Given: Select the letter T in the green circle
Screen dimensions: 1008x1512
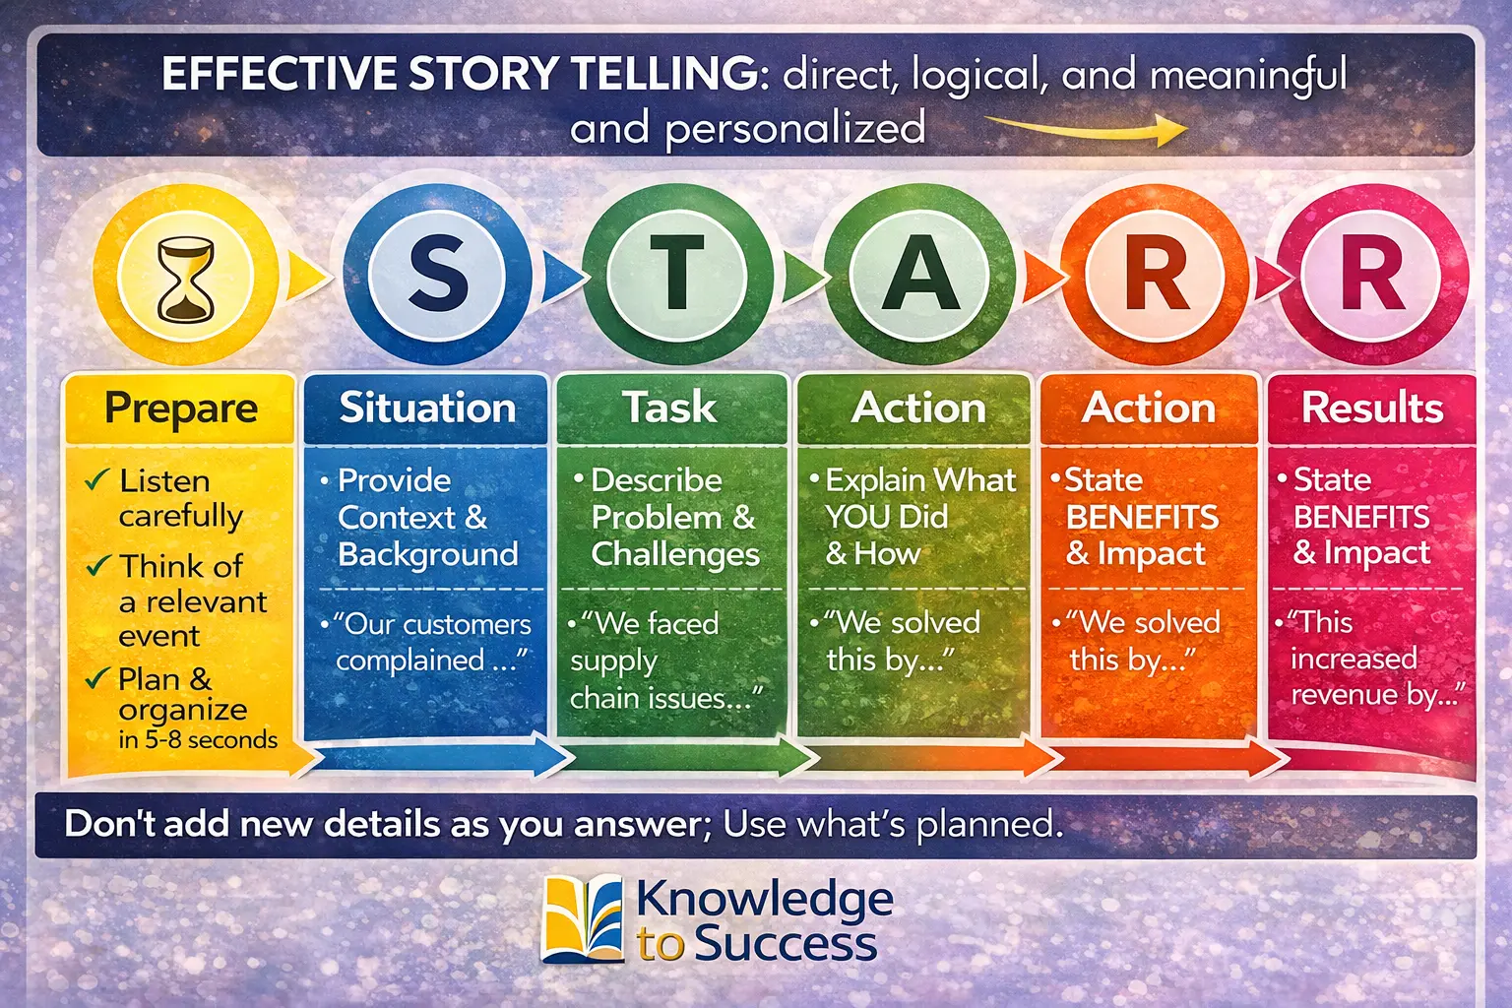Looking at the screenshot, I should pyautogui.click(x=675, y=273).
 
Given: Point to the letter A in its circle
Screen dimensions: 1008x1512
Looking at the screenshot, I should pyautogui.click(x=918, y=275).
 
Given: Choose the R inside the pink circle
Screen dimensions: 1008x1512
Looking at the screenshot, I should pyautogui.click(x=1371, y=275).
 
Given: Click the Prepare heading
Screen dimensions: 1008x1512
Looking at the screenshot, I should pyautogui.click(x=181, y=408).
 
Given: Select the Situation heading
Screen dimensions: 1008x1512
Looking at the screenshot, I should pyautogui.click(x=427, y=408).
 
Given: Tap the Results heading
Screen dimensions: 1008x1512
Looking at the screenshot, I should pyautogui.click(x=1372, y=408).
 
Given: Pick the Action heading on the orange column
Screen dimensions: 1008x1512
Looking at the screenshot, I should pyautogui.click(x=1149, y=408).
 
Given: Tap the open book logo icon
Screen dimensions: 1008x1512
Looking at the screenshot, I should pyautogui.click(x=583, y=918).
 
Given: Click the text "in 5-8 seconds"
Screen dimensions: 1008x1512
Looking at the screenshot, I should pyautogui.click(x=198, y=739).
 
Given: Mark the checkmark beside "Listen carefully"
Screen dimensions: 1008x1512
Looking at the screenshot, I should pyautogui.click(x=96, y=480).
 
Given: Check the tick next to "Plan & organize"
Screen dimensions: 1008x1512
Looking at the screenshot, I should pyautogui.click(x=96, y=678).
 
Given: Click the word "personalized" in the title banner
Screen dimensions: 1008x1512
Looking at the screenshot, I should pyautogui.click(x=794, y=129).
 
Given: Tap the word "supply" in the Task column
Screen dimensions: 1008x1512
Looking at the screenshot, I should pyautogui.click(x=613, y=661).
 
